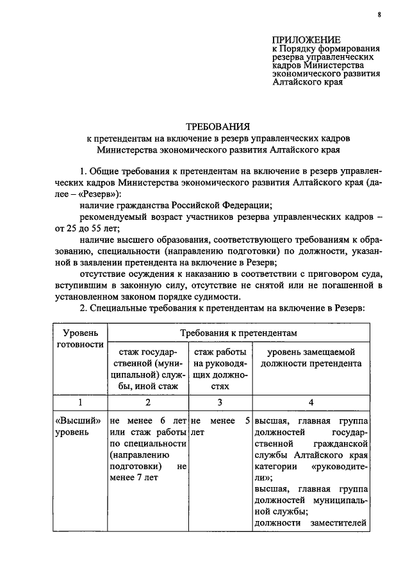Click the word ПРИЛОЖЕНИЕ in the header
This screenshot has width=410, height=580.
(x=305, y=39)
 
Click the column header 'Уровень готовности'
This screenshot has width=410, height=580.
(x=81, y=338)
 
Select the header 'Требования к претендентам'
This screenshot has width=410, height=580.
(x=238, y=333)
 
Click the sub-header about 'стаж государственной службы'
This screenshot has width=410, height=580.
(x=147, y=369)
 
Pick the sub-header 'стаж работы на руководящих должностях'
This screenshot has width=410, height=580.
(x=220, y=369)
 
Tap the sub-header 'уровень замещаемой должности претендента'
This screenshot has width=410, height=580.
(x=311, y=358)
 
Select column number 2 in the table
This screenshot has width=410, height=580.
(x=147, y=402)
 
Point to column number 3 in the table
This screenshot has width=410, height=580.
(x=220, y=402)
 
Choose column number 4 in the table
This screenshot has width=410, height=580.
(x=311, y=402)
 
